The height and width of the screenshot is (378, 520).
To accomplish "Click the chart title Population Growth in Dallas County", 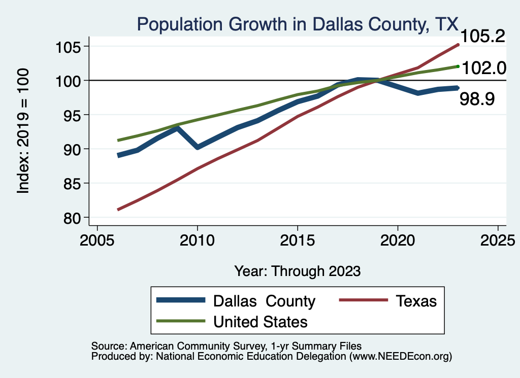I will [x=297, y=24].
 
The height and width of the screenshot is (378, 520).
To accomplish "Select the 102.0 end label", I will [x=484, y=67].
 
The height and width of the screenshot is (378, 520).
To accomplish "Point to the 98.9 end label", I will [x=477, y=99].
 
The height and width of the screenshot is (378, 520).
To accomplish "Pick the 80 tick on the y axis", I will [x=73, y=218].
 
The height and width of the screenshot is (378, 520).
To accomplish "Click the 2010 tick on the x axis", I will [x=197, y=239].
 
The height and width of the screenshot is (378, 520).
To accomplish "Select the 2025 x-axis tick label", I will [x=498, y=239].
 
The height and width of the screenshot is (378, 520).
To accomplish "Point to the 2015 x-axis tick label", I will [x=297, y=239].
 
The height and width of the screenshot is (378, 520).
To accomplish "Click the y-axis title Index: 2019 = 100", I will [x=23, y=131].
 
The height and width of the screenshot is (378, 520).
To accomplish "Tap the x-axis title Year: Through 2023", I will [x=297, y=271].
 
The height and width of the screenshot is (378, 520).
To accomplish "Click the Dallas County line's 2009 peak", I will [x=177, y=128].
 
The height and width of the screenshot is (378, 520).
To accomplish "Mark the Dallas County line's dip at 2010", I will [x=197, y=147].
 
